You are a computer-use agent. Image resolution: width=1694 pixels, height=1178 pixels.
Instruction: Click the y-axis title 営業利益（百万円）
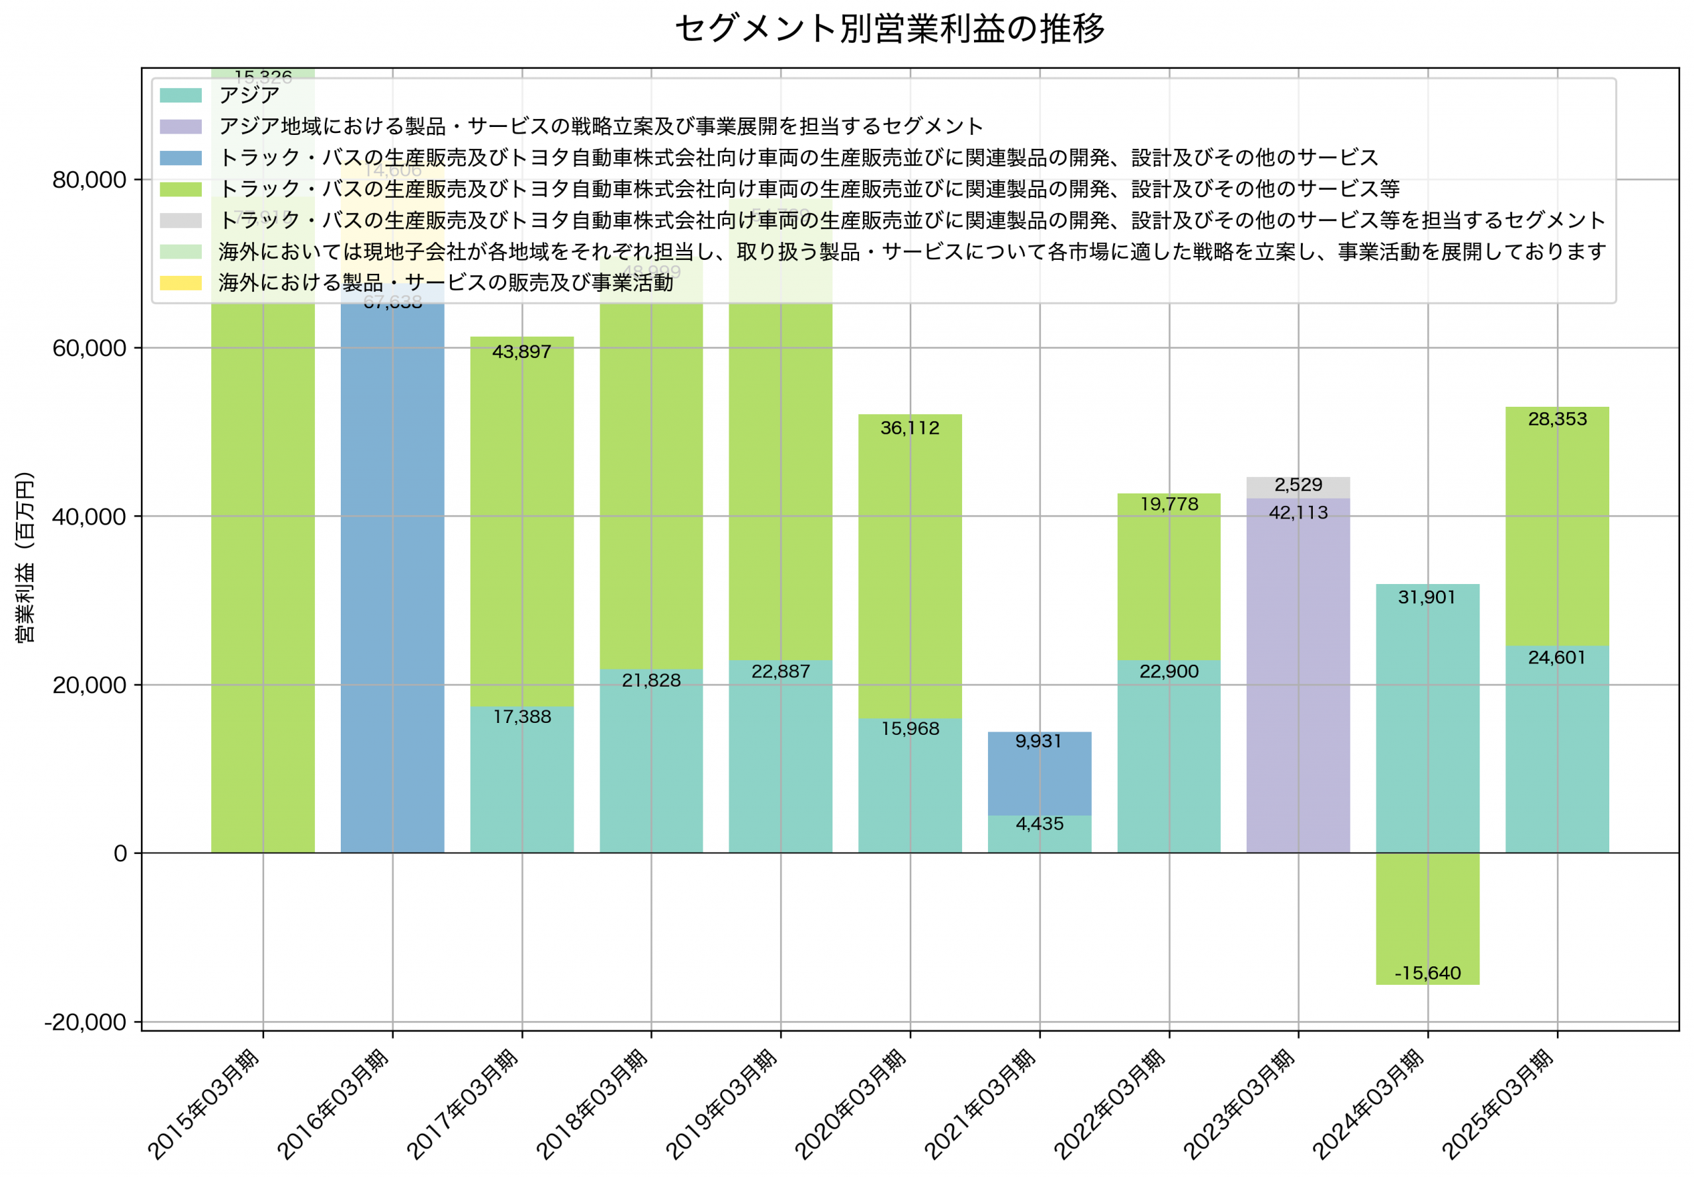[x=25, y=557]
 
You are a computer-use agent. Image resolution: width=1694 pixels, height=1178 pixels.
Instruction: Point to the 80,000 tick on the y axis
[x=89, y=180]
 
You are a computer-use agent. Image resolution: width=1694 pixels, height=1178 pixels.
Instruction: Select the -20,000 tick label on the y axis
[x=85, y=1023]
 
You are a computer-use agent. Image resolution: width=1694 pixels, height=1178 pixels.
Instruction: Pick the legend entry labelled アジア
[x=249, y=95]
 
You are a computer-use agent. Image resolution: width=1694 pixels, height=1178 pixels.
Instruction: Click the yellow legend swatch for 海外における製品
[x=181, y=283]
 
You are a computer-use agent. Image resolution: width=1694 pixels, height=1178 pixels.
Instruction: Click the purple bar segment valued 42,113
[x=1298, y=679]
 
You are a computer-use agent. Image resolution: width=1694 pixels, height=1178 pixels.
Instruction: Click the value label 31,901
[x=1427, y=597]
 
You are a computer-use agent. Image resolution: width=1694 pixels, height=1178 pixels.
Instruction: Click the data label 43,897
[x=521, y=352]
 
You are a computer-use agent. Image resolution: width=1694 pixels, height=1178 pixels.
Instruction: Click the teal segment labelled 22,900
[x=1169, y=760]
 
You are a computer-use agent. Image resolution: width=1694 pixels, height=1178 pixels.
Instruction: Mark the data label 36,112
[x=910, y=429]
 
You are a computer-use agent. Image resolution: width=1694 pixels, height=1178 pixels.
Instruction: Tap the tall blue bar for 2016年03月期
[x=392, y=590]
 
